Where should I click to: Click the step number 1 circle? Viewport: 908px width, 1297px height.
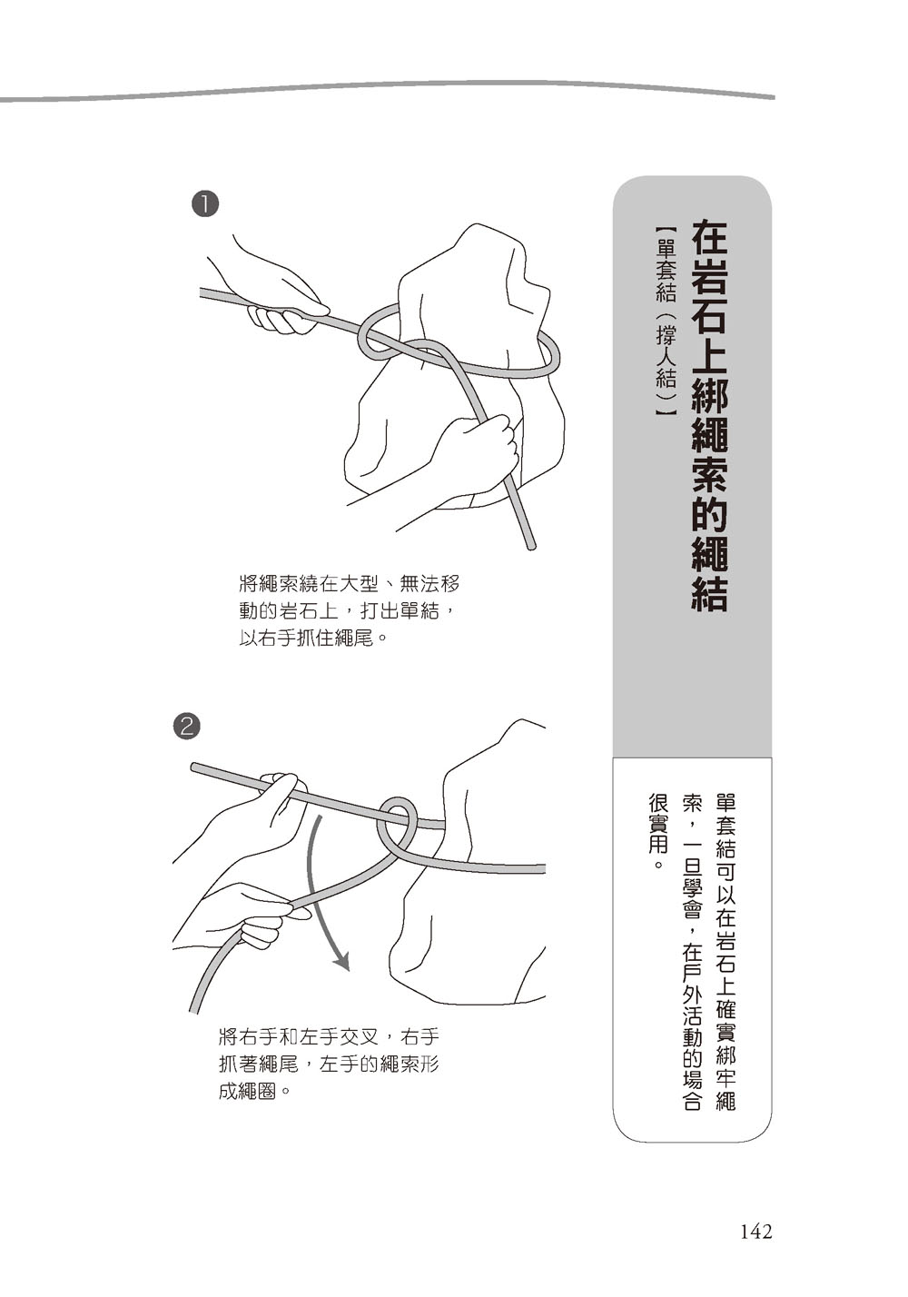coord(203,205)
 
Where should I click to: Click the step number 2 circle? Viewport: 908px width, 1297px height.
coord(187,727)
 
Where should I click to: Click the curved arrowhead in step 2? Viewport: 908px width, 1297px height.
coord(342,962)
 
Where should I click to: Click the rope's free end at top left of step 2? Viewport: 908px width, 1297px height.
coord(194,767)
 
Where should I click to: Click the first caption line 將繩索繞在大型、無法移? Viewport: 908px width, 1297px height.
coord(350,584)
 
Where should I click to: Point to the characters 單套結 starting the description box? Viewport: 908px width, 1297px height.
coord(725,827)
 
